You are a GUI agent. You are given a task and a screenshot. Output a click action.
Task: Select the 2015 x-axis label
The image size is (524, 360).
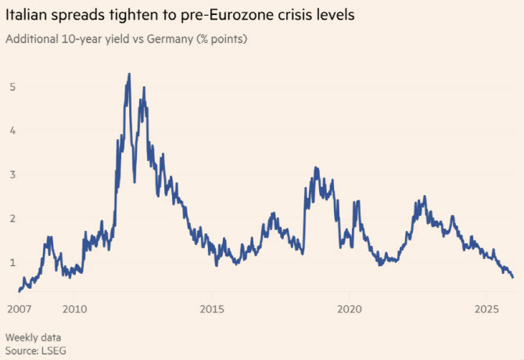click(x=211, y=308)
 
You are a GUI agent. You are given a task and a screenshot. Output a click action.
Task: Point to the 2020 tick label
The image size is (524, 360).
click(x=349, y=308)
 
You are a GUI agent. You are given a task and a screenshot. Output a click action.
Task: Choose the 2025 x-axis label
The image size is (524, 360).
click(x=486, y=308)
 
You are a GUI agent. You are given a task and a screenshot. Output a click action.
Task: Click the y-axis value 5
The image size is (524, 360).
click(x=13, y=86)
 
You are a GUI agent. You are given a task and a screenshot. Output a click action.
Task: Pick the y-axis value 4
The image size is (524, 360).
click(x=13, y=130)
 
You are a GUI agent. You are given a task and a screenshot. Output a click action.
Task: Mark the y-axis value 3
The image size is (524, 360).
click(x=13, y=174)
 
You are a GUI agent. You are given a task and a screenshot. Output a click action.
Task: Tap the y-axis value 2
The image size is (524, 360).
click(x=13, y=218)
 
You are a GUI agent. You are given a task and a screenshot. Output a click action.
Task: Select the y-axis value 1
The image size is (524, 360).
click(x=13, y=261)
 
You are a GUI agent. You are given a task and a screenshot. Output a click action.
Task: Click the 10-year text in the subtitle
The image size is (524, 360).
click(x=81, y=38)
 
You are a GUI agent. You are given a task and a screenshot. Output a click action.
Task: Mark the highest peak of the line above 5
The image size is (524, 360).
click(x=129, y=74)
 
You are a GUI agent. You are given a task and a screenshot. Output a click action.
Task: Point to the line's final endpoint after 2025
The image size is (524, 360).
click(x=513, y=277)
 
